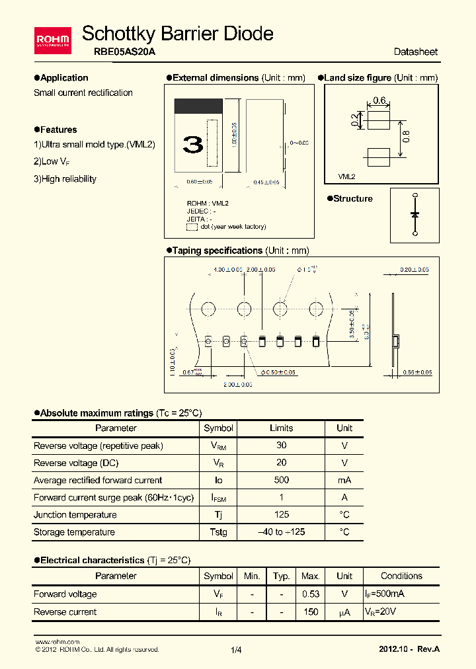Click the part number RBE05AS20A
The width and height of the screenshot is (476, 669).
pyautogui.click(x=120, y=52)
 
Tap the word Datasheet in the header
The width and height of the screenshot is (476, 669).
pyautogui.click(x=415, y=52)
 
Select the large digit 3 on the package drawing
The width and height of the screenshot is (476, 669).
pyautogui.click(x=193, y=145)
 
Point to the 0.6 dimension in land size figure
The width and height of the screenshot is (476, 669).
pyautogui.click(x=379, y=100)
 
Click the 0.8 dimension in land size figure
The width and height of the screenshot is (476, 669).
pyautogui.click(x=406, y=136)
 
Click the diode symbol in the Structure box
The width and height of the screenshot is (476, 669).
pyautogui.click(x=415, y=214)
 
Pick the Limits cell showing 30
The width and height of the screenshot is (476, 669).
pyautogui.click(x=281, y=446)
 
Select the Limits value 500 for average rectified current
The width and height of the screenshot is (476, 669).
pyautogui.click(x=281, y=480)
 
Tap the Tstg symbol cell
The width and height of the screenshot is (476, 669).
pyautogui.click(x=218, y=531)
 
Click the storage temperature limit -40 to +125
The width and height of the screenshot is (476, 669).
pyautogui.click(x=281, y=531)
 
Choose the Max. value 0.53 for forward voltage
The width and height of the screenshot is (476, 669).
pyautogui.click(x=310, y=594)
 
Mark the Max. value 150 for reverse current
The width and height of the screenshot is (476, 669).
pyautogui.click(x=310, y=611)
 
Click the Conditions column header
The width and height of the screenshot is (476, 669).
pyautogui.click(x=401, y=576)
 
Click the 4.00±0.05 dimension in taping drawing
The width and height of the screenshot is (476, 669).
pyautogui.click(x=227, y=270)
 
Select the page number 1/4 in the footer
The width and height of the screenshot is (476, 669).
pyautogui.click(x=237, y=650)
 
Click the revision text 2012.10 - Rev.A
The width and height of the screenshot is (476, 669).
pyautogui.click(x=409, y=649)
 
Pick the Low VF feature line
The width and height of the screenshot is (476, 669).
pyautogui.click(x=52, y=161)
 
